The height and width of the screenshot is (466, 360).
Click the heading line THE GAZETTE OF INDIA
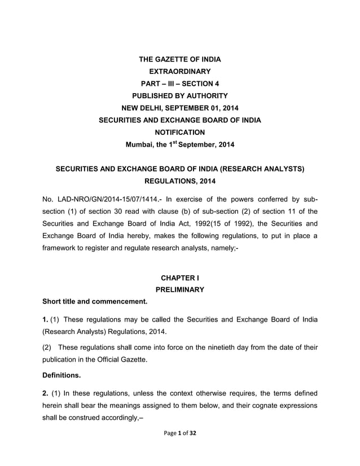(179, 59)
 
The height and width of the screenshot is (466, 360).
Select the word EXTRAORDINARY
(179, 71)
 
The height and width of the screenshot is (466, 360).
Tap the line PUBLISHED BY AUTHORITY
(179, 95)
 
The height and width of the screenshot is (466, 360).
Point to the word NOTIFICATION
(179, 132)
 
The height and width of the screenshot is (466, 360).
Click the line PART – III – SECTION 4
(179, 83)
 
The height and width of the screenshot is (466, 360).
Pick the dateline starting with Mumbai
(179, 144)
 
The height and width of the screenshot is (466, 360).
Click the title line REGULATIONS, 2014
(179, 181)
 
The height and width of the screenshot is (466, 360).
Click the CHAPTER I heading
(179, 278)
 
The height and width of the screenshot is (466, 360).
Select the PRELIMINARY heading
(179, 290)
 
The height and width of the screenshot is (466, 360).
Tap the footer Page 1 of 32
(179, 433)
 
